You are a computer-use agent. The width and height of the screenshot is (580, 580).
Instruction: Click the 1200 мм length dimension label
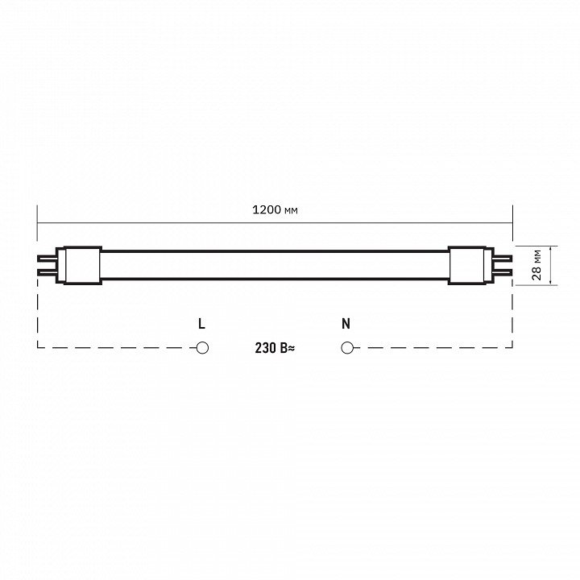tap(275, 210)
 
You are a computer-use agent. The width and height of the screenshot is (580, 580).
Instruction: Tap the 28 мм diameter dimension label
tap(536, 265)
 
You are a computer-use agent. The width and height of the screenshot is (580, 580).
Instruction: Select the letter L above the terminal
tap(201, 324)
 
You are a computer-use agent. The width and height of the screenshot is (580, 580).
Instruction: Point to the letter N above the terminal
tap(346, 324)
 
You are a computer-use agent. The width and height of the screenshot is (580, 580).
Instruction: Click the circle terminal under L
tap(202, 348)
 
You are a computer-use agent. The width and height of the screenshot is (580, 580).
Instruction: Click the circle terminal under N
tap(347, 348)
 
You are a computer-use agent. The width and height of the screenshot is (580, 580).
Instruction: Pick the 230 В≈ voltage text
tap(275, 348)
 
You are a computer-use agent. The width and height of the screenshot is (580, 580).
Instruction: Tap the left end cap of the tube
tap(79, 265)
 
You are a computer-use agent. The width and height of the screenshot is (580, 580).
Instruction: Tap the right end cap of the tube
tap(470, 265)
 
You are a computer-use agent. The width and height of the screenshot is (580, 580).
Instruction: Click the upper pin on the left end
tap(47, 258)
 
